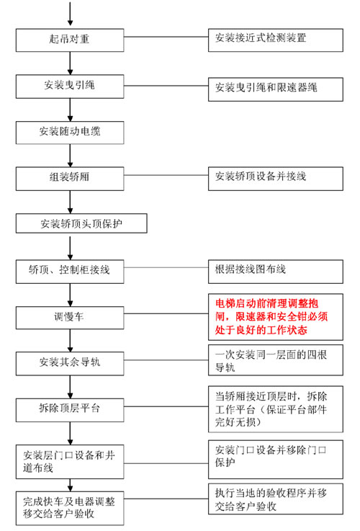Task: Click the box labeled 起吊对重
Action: (70, 40)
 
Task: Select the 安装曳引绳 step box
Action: (70, 86)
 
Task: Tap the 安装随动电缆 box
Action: (70, 133)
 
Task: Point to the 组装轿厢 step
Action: (70, 179)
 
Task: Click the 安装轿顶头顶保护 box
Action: (81, 223)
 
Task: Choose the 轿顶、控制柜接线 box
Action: (70, 271)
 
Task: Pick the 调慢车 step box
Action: (70, 318)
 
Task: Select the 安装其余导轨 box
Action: (70, 363)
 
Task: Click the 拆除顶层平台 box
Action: (70, 410)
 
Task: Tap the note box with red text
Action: (276, 317)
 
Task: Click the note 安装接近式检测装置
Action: (276, 40)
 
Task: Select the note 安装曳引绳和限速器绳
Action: (276, 89)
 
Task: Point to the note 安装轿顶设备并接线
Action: (276, 179)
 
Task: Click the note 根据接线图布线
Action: (276, 271)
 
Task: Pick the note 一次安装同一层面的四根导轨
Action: (276, 360)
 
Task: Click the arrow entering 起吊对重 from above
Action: (70, 14)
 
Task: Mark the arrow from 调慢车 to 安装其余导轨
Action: (70, 340)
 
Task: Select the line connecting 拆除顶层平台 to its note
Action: (166, 406)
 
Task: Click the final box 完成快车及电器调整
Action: (70, 508)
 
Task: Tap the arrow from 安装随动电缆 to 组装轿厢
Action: (70, 156)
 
